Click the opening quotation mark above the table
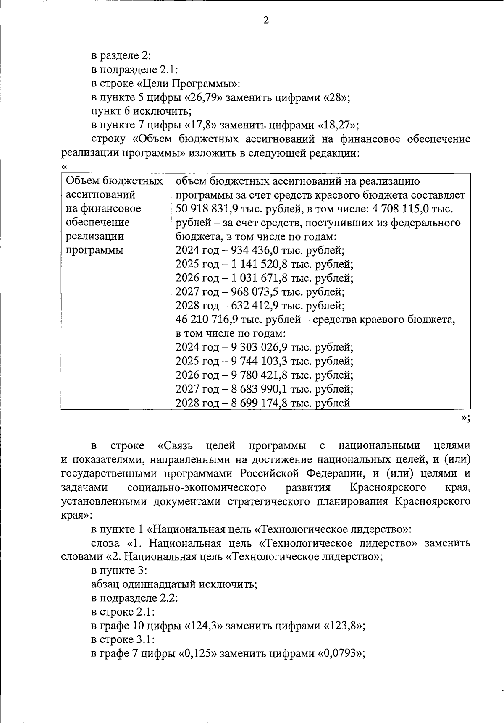coord(64,166)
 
